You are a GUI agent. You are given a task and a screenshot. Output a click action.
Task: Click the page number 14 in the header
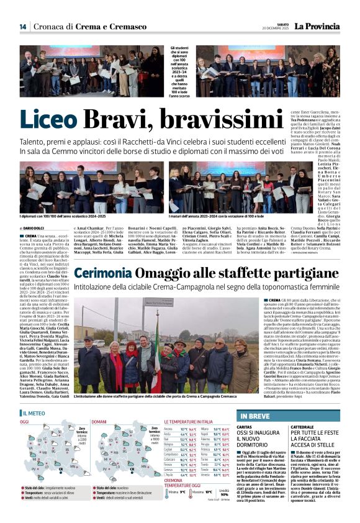click(23, 26)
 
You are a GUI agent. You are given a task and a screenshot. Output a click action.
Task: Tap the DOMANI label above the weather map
click(101, 421)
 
